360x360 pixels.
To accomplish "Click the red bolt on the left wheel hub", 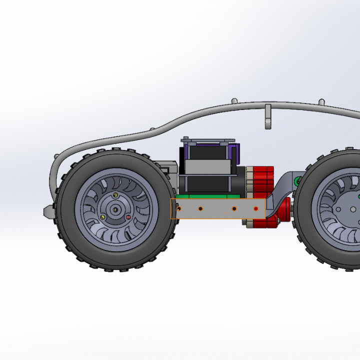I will (128, 217).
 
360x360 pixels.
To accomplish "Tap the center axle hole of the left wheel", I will (116, 209).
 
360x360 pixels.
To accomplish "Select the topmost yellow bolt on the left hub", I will (116, 195).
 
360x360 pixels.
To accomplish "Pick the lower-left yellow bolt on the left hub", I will (103, 217).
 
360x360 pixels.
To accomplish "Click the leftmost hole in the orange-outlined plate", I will (179, 208).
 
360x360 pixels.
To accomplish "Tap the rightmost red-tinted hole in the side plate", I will (256, 208).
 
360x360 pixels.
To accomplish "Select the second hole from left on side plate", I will (200, 208).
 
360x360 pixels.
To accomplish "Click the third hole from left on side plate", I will (234, 208).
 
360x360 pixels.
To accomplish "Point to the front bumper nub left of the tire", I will (48, 211).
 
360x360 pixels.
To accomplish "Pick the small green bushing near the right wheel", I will (298, 180).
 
